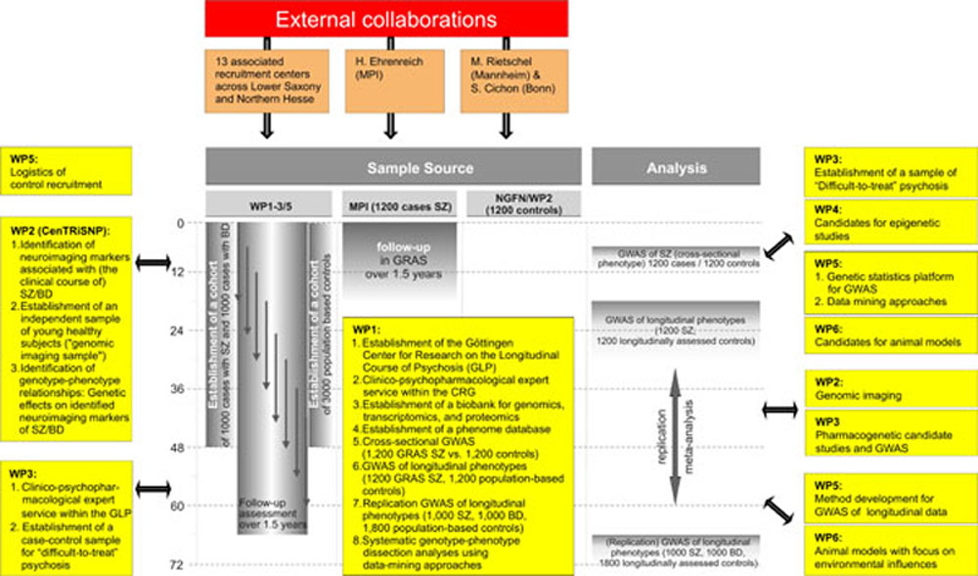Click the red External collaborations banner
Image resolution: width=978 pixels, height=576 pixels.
click(x=386, y=19)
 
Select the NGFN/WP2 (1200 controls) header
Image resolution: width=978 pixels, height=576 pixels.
click(x=521, y=203)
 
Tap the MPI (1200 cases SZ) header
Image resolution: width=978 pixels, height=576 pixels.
click(x=391, y=203)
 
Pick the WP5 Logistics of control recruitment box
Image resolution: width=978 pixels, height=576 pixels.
click(x=68, y=170)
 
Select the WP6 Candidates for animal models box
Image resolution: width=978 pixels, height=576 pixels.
click(x=888, y=335)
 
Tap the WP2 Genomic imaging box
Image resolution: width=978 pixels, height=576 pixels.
click(x=888, y=388)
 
